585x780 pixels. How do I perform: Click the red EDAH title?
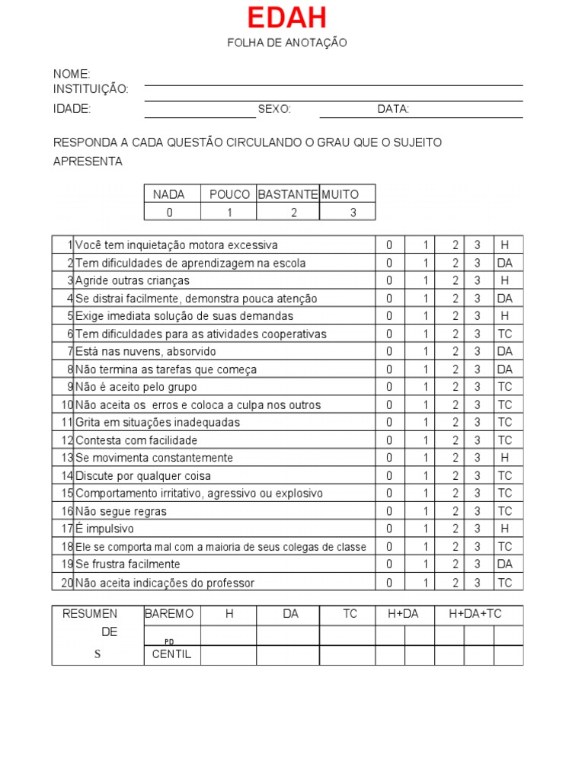click(286, 18)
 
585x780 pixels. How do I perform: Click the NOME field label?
click(72, 74)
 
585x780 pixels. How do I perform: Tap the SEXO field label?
click(274, 109)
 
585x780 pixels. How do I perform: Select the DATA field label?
click(393, 109)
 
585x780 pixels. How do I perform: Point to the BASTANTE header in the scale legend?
click(288, 194)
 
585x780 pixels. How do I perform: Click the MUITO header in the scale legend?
click(340, 194)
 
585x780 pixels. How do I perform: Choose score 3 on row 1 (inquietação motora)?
click(478, 245)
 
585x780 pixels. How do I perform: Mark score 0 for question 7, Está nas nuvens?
click(390, 352)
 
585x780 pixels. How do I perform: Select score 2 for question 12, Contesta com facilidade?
click(456, 440)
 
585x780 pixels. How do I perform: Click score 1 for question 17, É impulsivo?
click(426, 529)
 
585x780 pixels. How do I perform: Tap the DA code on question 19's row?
click(505, 564)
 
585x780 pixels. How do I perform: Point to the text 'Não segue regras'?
click(121, 511)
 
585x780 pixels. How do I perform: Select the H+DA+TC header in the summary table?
click(475, 614)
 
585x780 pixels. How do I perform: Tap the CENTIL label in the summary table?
click(172, 654)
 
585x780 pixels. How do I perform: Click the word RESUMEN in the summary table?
click(90, 614)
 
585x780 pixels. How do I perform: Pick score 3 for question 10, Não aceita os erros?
click(478, 405)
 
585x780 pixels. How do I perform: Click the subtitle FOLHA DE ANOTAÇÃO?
click(286, 43)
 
